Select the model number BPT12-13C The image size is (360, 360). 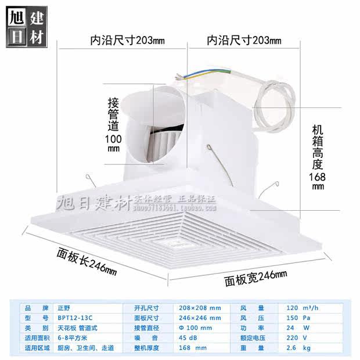click(71, 318)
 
